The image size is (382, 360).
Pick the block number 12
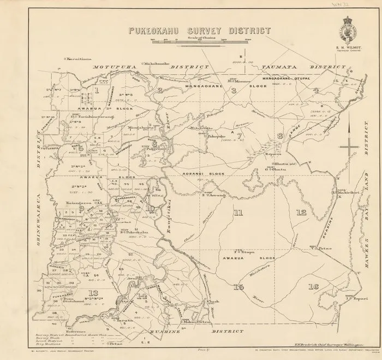tap(301, 212)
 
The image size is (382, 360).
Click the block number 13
tap(92, 293)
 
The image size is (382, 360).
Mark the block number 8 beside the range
tap(279, 135)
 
